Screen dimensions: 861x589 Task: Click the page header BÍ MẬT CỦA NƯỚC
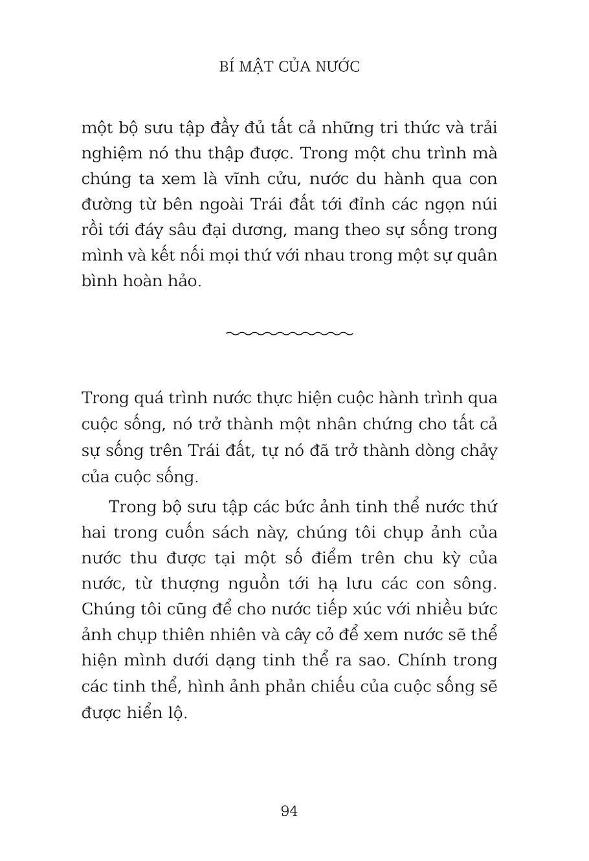289,67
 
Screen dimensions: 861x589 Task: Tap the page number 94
289,811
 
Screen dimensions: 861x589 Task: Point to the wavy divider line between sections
289,333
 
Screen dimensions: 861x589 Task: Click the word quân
477,256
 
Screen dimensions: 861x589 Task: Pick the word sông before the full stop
476,584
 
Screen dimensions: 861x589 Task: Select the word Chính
420,661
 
